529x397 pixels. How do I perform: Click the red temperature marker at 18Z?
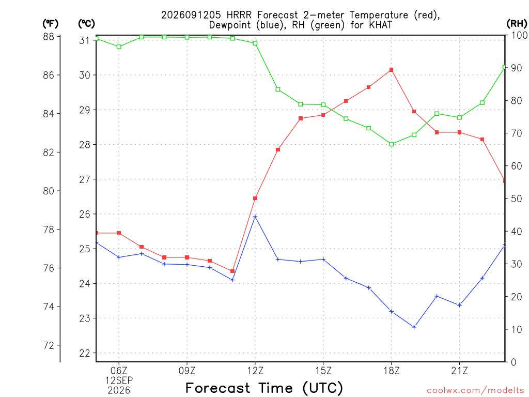(x=392, y=70)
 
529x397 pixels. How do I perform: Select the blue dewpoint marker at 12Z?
(x=255, y=217)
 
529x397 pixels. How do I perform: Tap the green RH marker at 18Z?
(x=392, y=144)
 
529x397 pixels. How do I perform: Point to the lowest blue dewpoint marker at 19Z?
(x=414, y=327)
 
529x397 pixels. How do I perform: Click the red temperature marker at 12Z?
(x=255, y=198)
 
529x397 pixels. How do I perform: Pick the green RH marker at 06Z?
(x=119, y=47)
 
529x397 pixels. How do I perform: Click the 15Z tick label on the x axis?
(x=323, y=371)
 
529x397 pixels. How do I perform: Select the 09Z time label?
(x=187, y=371)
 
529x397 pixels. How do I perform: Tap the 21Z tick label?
(x=459, y=371)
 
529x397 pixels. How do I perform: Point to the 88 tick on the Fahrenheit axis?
(x=49, y=37)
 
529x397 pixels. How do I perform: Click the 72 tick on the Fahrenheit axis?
(x=49, y=345)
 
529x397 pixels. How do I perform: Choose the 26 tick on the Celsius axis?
(x=85, y=214)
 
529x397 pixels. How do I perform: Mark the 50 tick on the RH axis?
(x=516, y=198)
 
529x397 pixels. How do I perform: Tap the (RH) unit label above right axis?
(x=517, y=23)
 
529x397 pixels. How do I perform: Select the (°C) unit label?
(x=86, y=23)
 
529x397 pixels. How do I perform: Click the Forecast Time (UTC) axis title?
(x=264, y=388)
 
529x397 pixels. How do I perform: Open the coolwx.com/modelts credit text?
(x=475, y=390)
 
